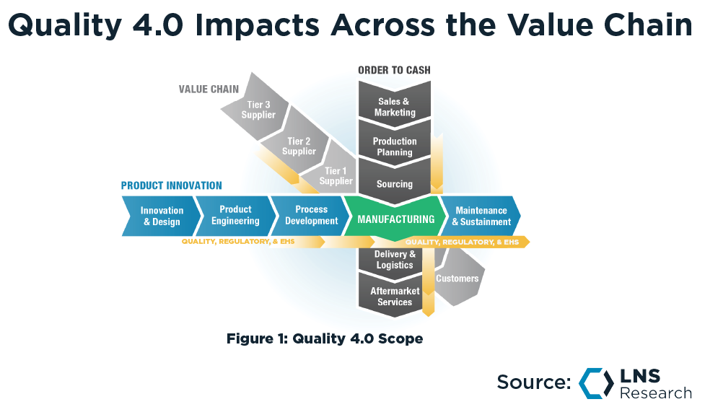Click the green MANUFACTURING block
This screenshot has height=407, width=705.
click(x=395, y=219)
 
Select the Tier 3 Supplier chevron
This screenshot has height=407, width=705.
click(x=258, y=110)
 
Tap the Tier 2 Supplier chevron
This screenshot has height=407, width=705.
click(x=299, y=146)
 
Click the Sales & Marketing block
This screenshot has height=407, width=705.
click(x=395, y=107)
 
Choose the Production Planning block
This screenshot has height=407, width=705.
click(x=395, y=146)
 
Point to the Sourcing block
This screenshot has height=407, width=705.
click(x=395, y=184)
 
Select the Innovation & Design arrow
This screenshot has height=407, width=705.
click(x=160, y=216)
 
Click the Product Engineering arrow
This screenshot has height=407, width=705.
click(x=235, y=215)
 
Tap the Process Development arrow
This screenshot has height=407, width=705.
click(x=311, y=215)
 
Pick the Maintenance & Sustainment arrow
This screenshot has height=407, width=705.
click(x=481, y=216)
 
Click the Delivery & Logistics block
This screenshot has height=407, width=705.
click(x=395, y=260)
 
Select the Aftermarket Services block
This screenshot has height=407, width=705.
click(x=395, y=297)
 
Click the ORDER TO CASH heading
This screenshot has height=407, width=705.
click(x=394, y=70)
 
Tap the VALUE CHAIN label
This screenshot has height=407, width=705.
click(x=209, y=89)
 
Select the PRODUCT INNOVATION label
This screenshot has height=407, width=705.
click(x=171, y=185)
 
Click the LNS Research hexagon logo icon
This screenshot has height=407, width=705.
click(x=595, y=383)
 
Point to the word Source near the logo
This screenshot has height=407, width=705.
click(x=533, y=382)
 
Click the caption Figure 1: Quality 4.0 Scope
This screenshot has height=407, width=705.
click(x=324, y=338)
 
